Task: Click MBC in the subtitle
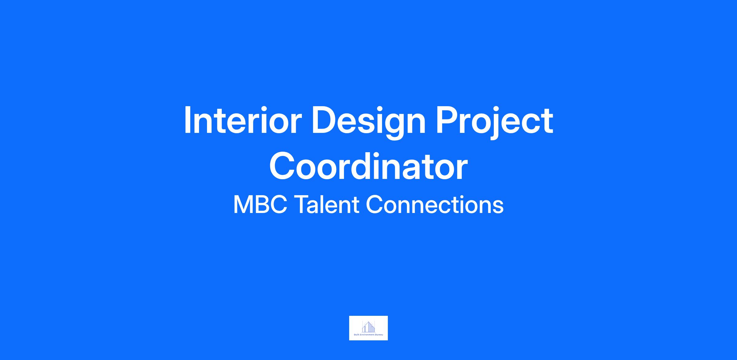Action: pyautogui.click(x=260, y=205)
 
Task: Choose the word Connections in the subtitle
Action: pyautogui.click(x=435, y=204)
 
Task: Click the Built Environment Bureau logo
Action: pyautogui.click(x=368, y=328)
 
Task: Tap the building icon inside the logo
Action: pyautogui.click(x=368, y=327)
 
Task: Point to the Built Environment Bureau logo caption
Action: pyautogui.click(x=368, y=335)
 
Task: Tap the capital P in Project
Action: pyautogui.click(x=448, y=120)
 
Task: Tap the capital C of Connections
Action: pyautogui.click(x=374, y=205)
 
